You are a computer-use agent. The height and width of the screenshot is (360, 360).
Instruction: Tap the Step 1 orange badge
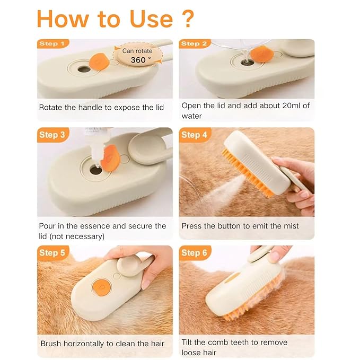(51, 43)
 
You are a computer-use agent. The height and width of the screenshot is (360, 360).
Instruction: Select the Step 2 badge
(194, 43)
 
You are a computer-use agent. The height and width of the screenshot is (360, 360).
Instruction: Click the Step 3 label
(52, 135)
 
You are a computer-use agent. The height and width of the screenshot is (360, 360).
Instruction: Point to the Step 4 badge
(194, 135)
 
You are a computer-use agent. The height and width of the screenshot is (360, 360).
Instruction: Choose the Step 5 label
(52, 253)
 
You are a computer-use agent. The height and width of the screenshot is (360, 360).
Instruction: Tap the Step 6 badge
(194, 253)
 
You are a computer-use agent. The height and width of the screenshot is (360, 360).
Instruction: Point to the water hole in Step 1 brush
(84, 69)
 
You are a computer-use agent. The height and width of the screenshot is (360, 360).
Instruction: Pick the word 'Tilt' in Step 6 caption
(188, 342)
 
